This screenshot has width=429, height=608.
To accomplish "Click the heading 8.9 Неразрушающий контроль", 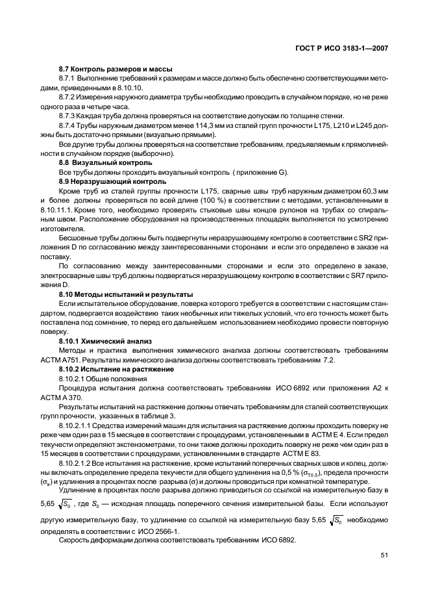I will tap(112, 182).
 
